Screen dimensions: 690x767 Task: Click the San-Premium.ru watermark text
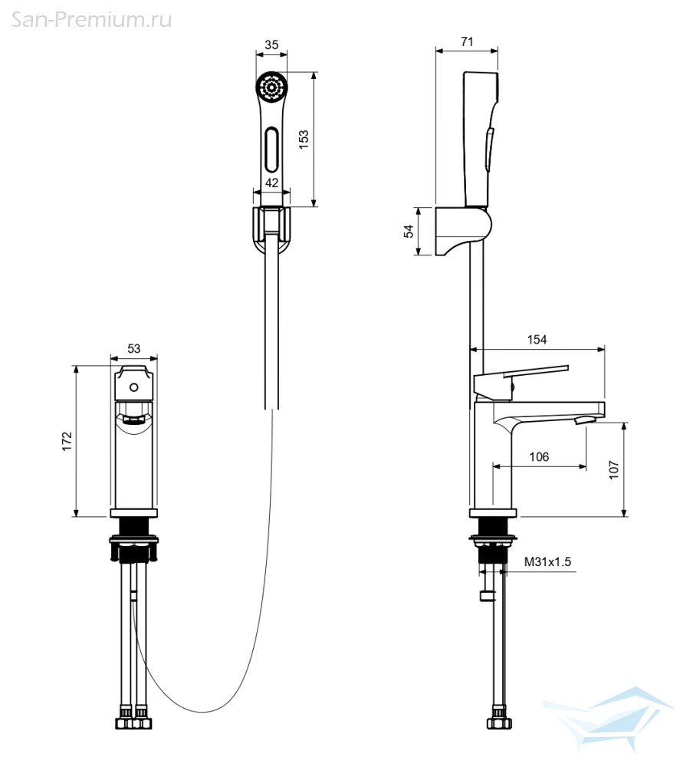[x=91, y=20]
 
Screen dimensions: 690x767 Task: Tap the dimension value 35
[x=271, y=44]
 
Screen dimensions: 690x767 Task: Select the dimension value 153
[x=304, y=140]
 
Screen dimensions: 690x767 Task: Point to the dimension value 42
[x=271, y=183]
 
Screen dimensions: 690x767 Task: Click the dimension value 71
[x=467, y=41]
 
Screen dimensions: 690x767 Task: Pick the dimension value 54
[x=409, y=231]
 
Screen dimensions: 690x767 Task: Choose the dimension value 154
[x=537, y=340]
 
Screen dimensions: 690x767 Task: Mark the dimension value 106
[x=539, y=456]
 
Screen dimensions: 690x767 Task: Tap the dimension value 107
[x=614, y=470]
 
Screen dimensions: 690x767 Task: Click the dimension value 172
[x=67, y=441]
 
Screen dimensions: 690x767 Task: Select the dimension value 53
[x=133, y=348]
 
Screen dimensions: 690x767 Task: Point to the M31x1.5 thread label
[x=547, y=561]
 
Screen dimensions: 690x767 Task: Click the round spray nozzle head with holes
[x=271, y=87]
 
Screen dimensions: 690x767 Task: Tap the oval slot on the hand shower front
[x=272, y=150]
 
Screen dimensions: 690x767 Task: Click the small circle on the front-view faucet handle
[x=133, y=388]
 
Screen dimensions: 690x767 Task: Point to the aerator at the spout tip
[x=584, y=420]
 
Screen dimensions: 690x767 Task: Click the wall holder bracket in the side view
[x=463, y=230]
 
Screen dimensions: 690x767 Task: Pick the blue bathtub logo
[x=609, y=719]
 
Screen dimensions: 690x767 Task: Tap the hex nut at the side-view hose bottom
[x=499, y=723]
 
